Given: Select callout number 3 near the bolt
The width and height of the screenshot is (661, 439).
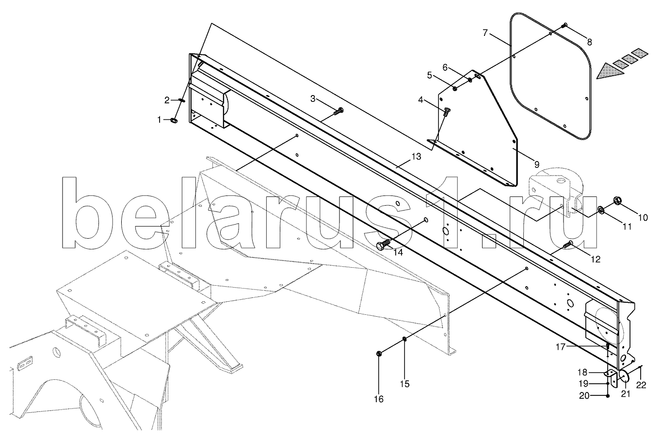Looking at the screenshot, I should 313,99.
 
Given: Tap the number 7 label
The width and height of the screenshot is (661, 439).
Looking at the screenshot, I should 484,33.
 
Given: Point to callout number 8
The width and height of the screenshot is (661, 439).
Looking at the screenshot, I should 589,42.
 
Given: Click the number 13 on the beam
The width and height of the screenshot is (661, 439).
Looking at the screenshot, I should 416,157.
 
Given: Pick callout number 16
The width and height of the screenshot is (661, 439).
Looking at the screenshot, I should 378,399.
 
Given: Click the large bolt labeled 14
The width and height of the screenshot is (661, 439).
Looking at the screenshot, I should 384,244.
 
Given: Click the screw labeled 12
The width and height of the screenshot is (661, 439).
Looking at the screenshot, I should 568,244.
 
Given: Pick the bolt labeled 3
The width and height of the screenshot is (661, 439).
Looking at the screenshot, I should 338,112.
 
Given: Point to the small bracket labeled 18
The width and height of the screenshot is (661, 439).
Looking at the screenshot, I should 610,374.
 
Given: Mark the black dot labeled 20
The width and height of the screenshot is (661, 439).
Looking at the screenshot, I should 608,396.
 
